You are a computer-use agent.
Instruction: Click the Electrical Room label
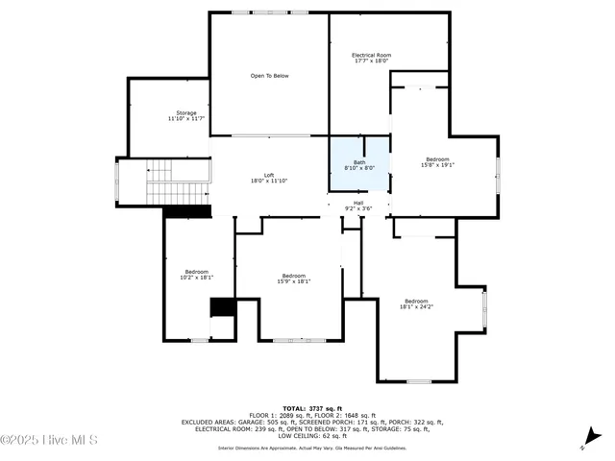(371, 59)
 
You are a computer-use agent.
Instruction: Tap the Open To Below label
(269, 76)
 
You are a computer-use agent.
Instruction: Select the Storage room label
(186, 115)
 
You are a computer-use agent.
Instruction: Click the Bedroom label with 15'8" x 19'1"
(438, 161)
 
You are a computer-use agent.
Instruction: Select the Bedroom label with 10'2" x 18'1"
(198, 275)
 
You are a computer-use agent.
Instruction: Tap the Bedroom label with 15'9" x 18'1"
(293, 279)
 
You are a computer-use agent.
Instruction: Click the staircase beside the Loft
(178, 182)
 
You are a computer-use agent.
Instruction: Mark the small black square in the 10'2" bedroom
(223, 307)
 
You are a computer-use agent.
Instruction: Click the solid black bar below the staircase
(186, 211)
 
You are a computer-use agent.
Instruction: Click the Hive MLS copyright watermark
(50, 441)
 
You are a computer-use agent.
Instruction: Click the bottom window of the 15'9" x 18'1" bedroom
(300, 340)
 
